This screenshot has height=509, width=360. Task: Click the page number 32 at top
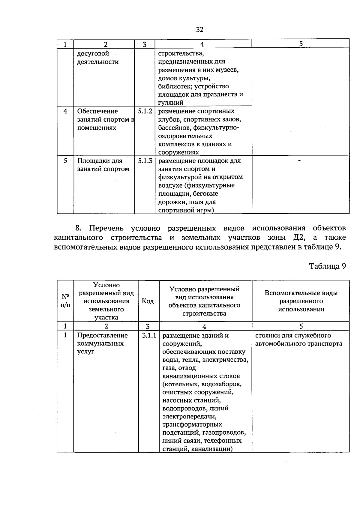point(199,29)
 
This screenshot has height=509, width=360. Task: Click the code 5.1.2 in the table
point(145,111)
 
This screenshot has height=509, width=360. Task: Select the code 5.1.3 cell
point(145,161)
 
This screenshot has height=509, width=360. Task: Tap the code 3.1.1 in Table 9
point(149,335)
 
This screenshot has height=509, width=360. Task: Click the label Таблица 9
point(328,266)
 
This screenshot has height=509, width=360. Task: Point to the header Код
point(148,301)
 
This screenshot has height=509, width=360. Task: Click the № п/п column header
point(65,301)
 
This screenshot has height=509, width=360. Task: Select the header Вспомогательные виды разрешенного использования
point(301,301)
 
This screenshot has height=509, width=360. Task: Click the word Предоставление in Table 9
point(102,335)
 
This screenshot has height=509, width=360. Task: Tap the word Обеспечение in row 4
point(97,111)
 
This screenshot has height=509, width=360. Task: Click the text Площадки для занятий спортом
point(103,165)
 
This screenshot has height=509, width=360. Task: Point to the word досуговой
point(93,54)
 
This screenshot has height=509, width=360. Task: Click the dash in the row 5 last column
point(299,161)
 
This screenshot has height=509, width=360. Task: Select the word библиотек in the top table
point(175,86)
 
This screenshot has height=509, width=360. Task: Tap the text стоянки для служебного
point(293,335)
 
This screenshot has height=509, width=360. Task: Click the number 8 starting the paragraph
point(78,228)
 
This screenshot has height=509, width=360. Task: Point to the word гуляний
point(171,103)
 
